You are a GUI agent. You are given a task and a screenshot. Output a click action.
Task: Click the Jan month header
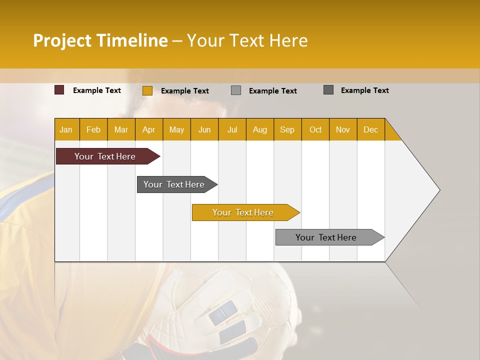[66, 129]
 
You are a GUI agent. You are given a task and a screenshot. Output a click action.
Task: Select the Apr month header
[149, 129]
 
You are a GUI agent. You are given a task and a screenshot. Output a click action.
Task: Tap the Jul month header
[232, 129]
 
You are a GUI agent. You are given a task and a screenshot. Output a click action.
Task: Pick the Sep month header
[287, 129]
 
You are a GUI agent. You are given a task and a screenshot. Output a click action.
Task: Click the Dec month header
[370, 129]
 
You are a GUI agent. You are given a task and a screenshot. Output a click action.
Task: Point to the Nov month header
[343, 129]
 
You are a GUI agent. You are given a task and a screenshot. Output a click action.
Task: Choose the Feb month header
[93, 129]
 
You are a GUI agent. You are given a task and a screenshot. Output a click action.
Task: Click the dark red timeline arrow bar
[105, 156]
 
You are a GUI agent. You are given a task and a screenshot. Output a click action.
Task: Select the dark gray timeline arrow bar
[174, 184]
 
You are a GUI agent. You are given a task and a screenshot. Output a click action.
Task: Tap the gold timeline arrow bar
[243, 212]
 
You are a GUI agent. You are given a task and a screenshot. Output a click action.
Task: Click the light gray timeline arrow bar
[326, 237]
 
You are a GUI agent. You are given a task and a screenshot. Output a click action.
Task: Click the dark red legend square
[59, 90]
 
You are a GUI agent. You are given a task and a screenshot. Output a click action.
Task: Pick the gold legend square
[147, 90]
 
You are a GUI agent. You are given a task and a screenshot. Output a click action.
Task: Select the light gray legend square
[236, 90]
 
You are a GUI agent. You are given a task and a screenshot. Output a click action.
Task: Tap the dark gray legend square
[328, 90]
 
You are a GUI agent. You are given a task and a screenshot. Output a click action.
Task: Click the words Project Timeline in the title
[100, 40]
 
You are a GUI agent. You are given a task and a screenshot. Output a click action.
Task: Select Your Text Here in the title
[247, 40]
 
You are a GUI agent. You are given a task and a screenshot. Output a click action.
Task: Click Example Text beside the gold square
[184, 91]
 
